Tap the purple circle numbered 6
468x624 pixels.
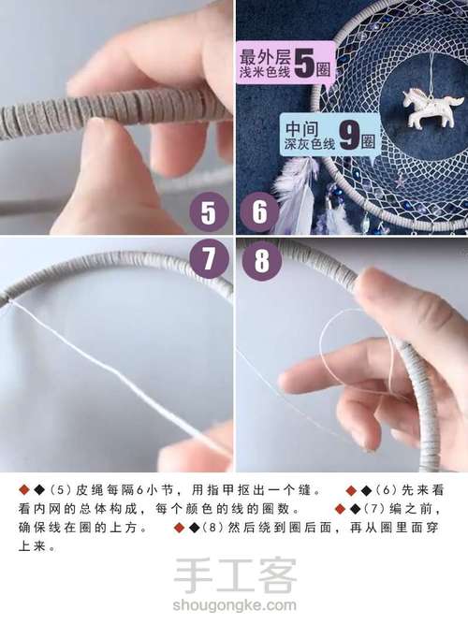(259, 213)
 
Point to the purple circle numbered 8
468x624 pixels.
(261, 261)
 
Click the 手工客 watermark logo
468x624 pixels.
(235, 577)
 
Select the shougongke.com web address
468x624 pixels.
(235, 606)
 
